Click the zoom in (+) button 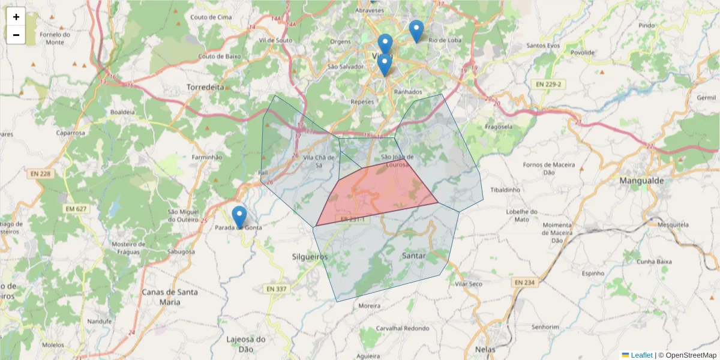tap(16, 17)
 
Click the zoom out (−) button tap(16, 35)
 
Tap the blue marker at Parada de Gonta tap(239, 216)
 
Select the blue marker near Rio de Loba tap(416, 31)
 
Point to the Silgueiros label tap(310, 256)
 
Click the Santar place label tap(414, 256)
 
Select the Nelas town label tap(485, 349)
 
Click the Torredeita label tap(205, 87)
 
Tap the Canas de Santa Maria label tap(160, 297)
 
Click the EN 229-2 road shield tap(545, 83)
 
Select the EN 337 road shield tap(277, 289)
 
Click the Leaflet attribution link tap(641, 355)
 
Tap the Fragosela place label tap(498, 127)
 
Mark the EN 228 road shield tap(40, 173)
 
